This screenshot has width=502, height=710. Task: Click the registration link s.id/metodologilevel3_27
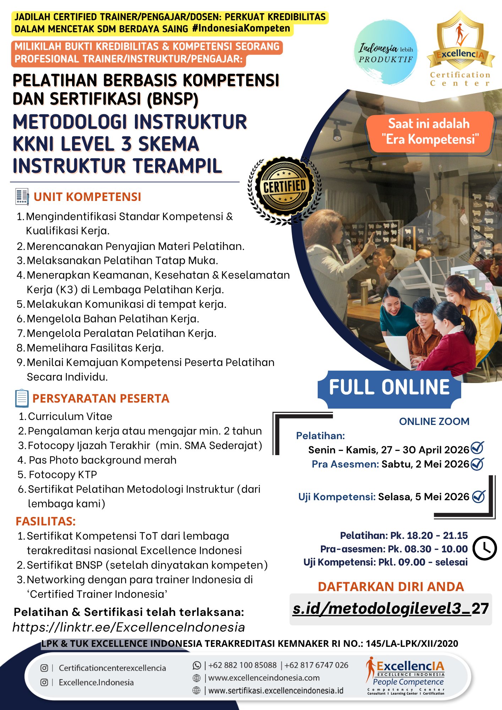coord(391,608)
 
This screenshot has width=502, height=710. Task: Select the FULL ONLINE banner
coord(389,387)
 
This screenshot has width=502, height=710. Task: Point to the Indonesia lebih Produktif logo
coord(386,53)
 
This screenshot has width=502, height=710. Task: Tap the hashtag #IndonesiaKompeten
coord(241,28)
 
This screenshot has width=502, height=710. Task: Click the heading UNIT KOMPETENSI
coord(87,197)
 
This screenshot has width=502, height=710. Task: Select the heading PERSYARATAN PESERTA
coord(101,398)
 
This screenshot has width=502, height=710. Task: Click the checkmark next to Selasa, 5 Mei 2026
coord(479,496)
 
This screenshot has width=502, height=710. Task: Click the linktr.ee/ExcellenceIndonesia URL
coord(129,627)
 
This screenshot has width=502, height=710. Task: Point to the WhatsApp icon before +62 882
coord(197,665)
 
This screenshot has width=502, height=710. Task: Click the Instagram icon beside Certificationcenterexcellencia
coord(44,668)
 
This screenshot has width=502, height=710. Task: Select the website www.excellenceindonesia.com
coord(264,678)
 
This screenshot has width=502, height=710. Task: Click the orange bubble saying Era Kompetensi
coord(430,131)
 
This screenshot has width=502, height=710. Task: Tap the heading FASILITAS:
coord(45,521)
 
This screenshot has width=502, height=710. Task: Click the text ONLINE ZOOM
coord(434,421)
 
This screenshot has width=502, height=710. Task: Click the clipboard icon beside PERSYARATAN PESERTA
coord(22,398)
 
